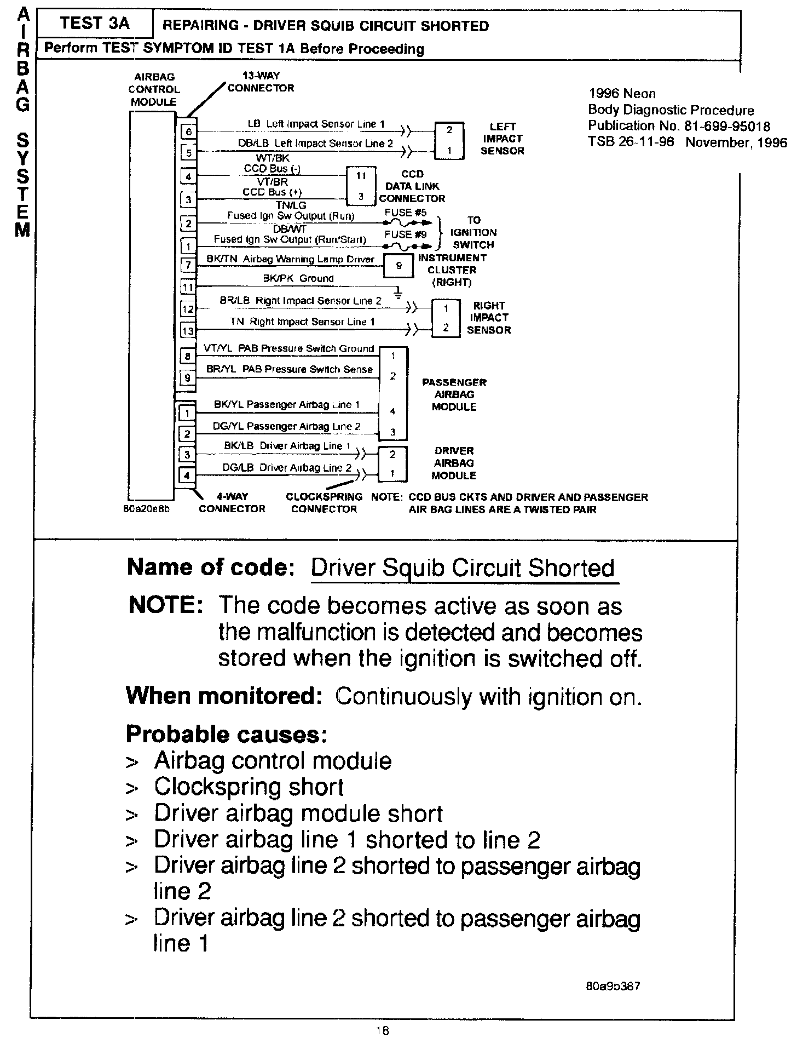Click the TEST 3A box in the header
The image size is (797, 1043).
pyautogui.click(x=95, y=24)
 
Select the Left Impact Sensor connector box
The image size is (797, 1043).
pyautogui.click(x=449, y=140)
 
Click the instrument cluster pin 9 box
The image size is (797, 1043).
pyautogui.click(x=399, y=266)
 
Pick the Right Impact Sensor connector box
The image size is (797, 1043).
pyautogui.click(x=446, y=318)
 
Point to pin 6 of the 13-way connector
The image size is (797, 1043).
pyautogui.click(x=188, y=131)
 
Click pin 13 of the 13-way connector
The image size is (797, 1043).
pyautogui.click(x=188, y=330)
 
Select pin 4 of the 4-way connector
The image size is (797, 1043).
pyautogui.click(x=187, y=475)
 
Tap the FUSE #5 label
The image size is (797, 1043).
pyautogui.click(x=406, y=212)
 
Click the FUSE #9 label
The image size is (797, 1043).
pyautogui.click(x=406, y=234)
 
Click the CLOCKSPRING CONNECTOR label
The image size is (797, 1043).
pyautogui.click(x=324, y=503)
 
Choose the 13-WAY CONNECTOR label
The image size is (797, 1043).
pyautogui.click(x=261, y=82)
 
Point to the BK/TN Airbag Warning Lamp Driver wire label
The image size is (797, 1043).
pyautogui.click(x=290, y=259)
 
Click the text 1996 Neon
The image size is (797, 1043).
pyautogui.click(x=622, y=94)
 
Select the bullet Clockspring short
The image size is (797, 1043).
pyautogui.click(x=249, y=787)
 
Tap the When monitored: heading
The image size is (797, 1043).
pyautogui.click(x=223, y=696)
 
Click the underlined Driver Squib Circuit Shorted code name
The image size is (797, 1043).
pyautogui.click(x=463, y=568)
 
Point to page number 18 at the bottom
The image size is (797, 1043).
pyautogui.click(x=382, y=1030)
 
